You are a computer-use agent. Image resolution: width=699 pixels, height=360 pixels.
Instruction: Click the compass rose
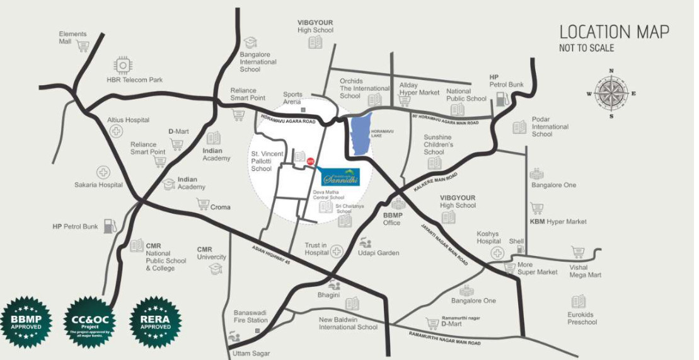point(611,94)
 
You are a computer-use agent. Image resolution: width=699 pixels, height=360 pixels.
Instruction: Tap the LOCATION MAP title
point(614,32)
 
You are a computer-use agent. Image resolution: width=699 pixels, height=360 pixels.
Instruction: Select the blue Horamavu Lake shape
point(362,136)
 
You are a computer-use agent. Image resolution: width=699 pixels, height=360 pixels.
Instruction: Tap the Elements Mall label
point(73,37)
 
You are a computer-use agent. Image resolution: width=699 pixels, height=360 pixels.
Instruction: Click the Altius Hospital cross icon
point(116,131)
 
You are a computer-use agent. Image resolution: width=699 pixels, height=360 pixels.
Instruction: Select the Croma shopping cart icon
point(202,204)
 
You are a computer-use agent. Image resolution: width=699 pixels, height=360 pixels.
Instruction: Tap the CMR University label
point(211,253)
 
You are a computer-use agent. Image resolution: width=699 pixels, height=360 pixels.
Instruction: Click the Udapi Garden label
point(379,253)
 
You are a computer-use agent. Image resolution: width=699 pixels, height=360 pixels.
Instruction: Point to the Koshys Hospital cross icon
point(498,253)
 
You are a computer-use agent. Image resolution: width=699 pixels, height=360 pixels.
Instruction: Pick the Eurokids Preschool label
point(581,318)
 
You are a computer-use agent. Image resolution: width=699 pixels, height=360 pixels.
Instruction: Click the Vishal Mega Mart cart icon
point(578,252)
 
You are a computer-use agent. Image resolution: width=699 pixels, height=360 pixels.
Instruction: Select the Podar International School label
point(550,127)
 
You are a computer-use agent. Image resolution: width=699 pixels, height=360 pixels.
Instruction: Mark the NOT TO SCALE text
point(586,48)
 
